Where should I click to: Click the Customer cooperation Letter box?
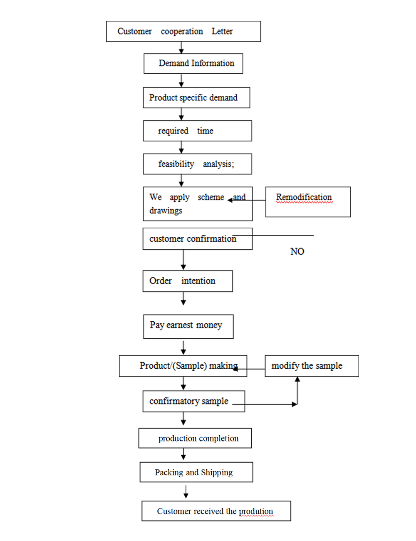tap(183, 31)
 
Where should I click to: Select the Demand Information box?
tap(193, 64)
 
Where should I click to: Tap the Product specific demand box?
tap(196, 98)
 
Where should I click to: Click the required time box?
tap(197, 131)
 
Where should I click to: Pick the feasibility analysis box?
tap(197, 164)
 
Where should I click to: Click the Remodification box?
tap(308, 202)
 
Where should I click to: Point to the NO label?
tap(297, 251)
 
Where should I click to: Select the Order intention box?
tap(188, 281)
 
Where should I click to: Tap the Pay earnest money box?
tap(188, 326)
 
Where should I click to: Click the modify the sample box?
tap(312, 366)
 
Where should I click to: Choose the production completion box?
tap(195, 438)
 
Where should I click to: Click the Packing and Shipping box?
tap(196, 472)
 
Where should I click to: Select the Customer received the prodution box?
tap(216, 511)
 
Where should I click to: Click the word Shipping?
tap(217, 472)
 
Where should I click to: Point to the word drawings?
tap(166, 211)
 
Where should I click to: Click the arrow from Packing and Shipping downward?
tap(186, 492)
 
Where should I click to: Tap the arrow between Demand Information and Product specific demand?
tap(181, 80)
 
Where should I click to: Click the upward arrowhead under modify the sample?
tap(297, 380)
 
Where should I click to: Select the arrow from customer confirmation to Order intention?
tap(183, 260)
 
